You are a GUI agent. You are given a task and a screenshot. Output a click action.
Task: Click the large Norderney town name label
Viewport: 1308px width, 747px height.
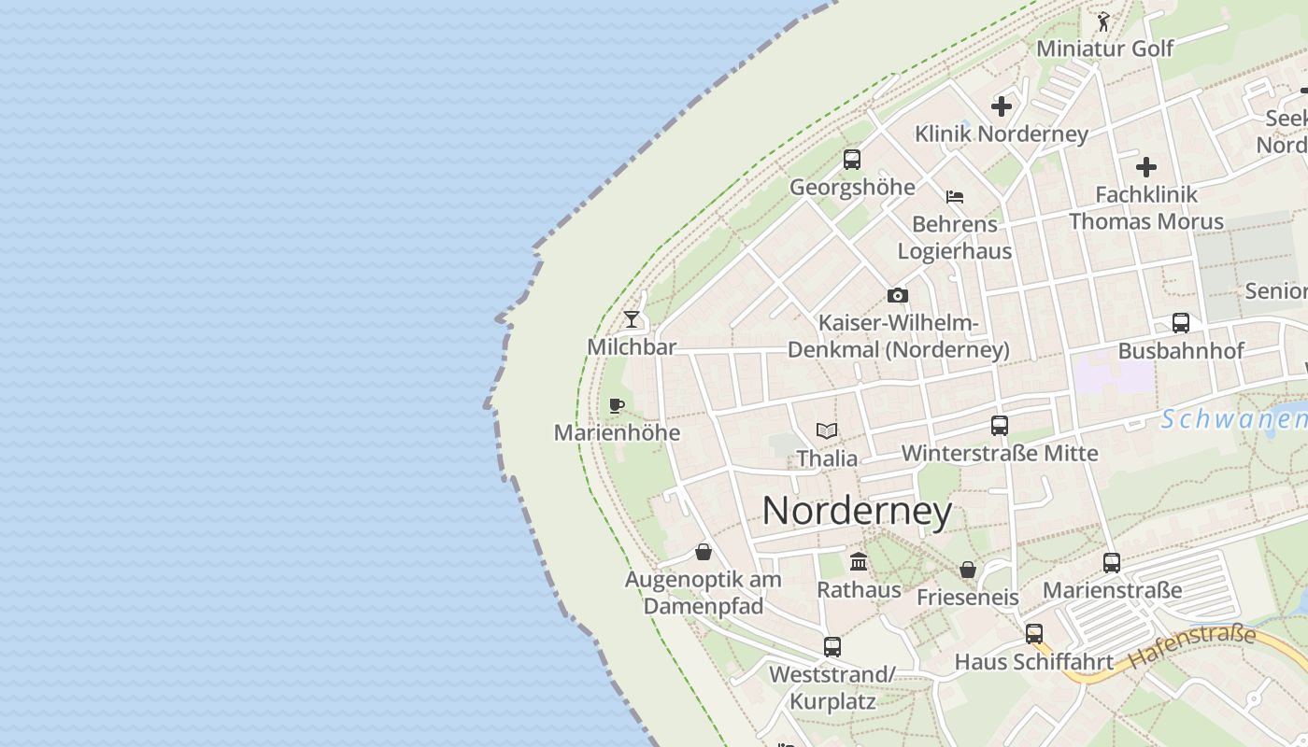(x=857, y=511)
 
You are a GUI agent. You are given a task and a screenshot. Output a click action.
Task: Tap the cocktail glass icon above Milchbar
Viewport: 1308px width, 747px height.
(x=633, y=319)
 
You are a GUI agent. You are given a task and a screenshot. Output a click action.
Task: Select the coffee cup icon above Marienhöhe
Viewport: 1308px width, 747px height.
(x=616, y=405)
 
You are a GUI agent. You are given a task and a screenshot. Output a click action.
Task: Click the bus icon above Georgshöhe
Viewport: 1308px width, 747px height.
(x=852, y=159)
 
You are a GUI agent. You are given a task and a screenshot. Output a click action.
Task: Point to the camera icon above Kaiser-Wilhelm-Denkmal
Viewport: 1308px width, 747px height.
(x=898, y=295)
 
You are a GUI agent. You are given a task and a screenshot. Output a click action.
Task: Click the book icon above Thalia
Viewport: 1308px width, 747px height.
(x=826, y=430)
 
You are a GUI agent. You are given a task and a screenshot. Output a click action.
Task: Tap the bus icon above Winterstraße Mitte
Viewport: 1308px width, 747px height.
(x=1000, y=426)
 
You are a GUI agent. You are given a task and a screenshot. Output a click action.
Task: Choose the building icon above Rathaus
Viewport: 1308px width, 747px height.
(x=859, y=561)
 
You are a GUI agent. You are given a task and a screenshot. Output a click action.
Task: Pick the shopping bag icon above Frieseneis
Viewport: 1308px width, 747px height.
(x=968, y=569)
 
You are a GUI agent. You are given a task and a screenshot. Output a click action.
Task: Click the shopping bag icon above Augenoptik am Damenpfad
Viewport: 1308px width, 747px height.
(x=704, y=552)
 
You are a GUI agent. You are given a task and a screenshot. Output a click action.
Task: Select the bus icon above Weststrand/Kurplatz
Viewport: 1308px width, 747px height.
(x=832, y=646)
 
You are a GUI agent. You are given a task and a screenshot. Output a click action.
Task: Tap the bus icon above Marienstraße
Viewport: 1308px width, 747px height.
(x=1112, y=562)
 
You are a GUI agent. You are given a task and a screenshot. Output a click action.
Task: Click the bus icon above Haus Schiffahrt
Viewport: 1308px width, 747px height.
(x=1034, y=633)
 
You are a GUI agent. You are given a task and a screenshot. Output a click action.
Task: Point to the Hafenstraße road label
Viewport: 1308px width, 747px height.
(x=1191, y=646)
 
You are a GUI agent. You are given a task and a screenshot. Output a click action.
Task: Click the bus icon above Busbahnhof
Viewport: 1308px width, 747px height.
(x=1181, y=323)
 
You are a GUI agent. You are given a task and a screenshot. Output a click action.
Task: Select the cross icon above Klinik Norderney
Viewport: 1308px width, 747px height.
(x=1002, y=106)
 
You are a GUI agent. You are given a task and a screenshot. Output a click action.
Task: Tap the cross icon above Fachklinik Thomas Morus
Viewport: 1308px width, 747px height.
(x=1146, y=167)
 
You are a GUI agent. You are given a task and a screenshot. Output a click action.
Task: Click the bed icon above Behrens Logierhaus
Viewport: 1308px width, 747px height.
(x=955, y=197)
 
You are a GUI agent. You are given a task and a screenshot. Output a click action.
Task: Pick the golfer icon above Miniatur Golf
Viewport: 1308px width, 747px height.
(x=1104, y=21)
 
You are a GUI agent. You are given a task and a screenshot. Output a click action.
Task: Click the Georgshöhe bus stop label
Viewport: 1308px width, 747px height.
(x=852, y=187)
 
